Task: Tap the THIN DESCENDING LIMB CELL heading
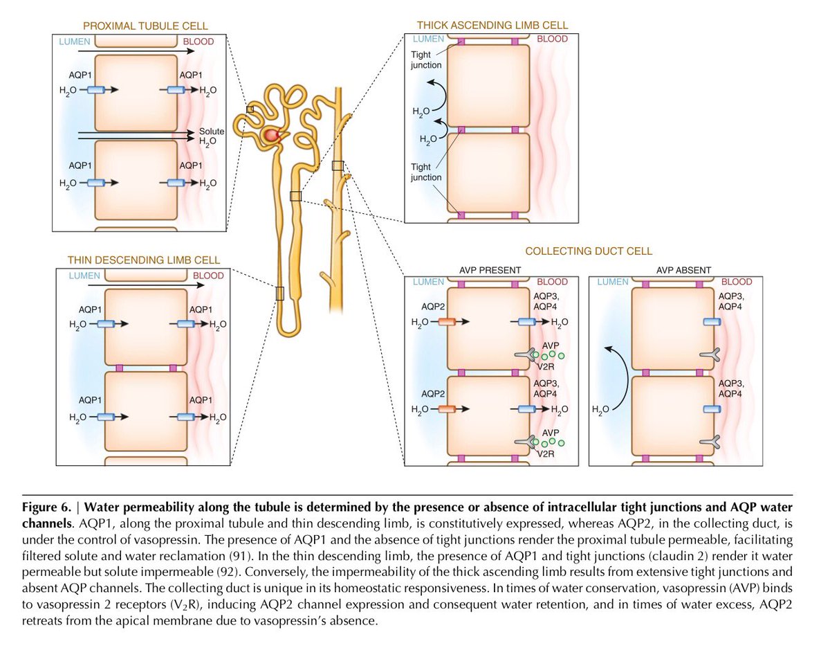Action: click(144, 260)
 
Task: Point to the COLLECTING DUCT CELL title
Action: click(589, 251)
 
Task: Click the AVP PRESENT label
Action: click(490, 269)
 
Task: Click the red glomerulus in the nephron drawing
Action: click(275, 136)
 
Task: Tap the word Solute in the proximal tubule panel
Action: click(212, 131)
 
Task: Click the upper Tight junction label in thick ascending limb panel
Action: click(426, 60)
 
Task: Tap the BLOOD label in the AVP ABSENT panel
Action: click(737, 282)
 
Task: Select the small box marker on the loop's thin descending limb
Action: click(279, 293)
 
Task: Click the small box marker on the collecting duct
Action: click(338, 165)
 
